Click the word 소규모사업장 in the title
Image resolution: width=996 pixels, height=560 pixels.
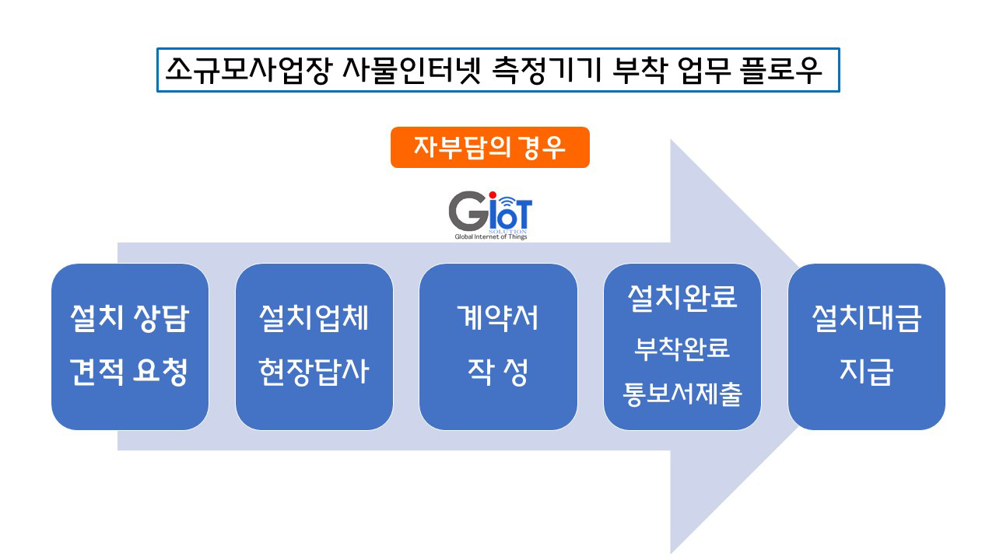pos(248,70)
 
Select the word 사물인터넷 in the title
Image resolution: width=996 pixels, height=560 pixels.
pos(412,70)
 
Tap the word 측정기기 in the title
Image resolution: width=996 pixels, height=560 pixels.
pos(546,70)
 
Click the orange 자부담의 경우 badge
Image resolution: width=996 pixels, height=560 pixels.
pos(490,148)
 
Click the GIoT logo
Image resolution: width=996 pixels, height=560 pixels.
pos(490,215)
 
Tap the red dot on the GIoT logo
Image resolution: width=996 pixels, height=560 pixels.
pos(493,195)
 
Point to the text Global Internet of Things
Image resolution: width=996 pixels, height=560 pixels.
pos(490,237)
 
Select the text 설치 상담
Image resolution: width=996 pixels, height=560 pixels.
pos(130,318)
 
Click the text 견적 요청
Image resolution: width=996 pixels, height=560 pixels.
pos(129,371)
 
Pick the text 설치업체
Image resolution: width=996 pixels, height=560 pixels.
pos(314,318)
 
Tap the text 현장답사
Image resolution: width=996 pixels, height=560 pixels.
pos(314,371)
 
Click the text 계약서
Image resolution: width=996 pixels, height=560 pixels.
pos(498,317)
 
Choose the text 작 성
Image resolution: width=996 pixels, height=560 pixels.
pos(498,371)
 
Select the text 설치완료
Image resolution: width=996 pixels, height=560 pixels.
pos(682,297)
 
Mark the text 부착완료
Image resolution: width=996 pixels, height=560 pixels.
pos(682,348)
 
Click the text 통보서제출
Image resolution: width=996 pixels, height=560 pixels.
pos(682,394)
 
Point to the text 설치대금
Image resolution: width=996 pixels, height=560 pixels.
pos(867,318)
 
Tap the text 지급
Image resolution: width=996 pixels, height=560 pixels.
pos(867,371)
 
